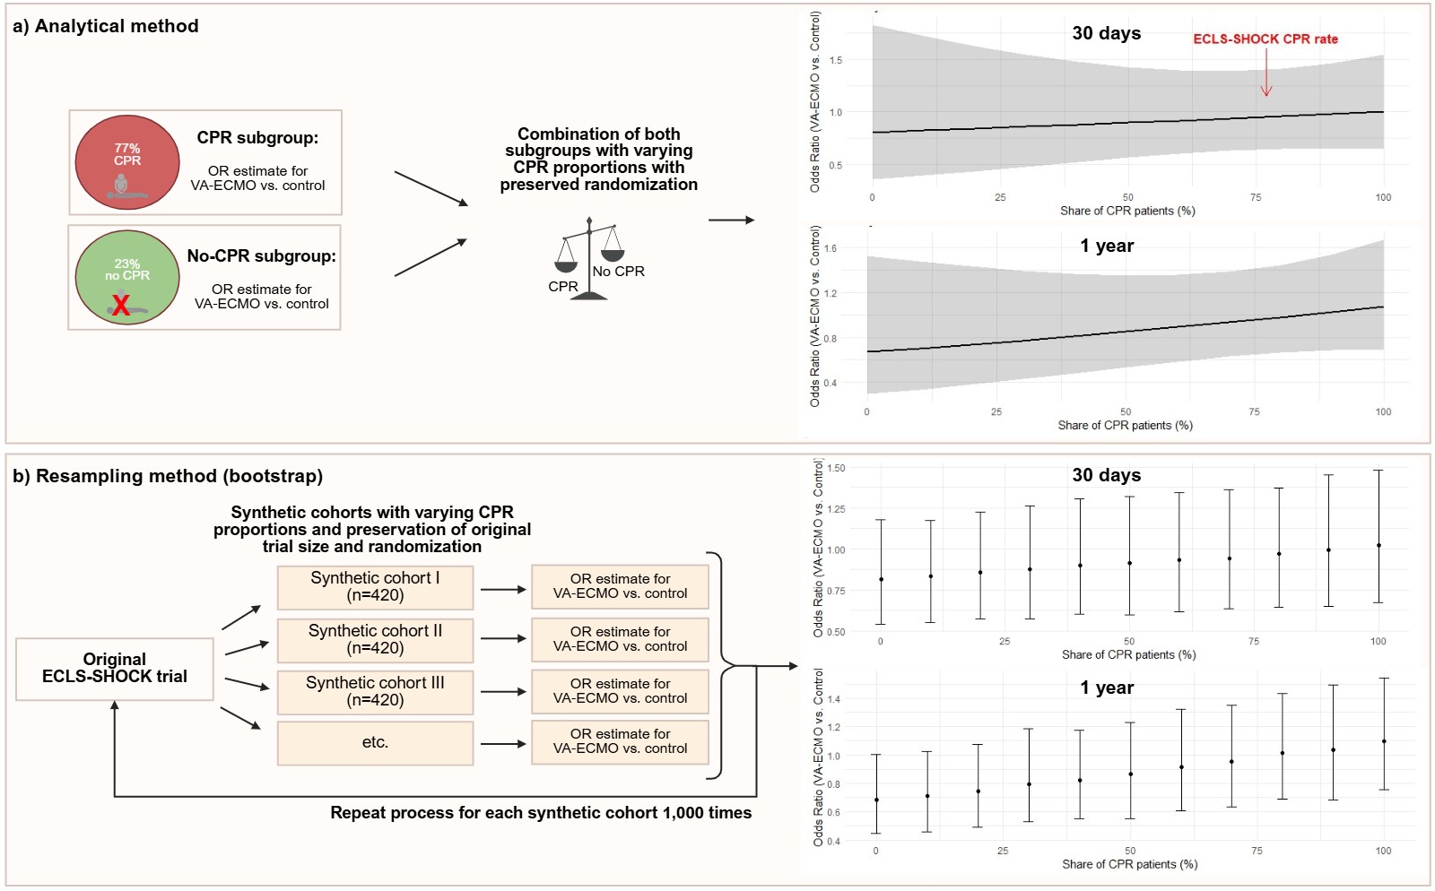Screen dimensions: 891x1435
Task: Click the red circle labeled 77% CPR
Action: [127, 162]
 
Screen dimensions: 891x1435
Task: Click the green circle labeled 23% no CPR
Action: [127, 277]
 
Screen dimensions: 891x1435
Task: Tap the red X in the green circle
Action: [121, 306]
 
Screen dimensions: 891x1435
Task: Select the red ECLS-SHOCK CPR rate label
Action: [1265, 39]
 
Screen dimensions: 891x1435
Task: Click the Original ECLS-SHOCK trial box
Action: [115, 669]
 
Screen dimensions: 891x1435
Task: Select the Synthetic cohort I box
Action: [375, 587]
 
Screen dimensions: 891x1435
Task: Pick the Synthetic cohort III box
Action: [375, 692]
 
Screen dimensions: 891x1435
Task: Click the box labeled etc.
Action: [375, 743]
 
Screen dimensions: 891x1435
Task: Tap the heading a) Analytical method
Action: [106, 26]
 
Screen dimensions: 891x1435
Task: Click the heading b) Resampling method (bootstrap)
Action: [168, 476]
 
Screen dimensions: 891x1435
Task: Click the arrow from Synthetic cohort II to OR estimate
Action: [503, 639]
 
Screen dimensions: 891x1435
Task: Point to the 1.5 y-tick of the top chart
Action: [836, 60]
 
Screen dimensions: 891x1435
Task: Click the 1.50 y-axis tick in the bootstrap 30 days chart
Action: [836, 468]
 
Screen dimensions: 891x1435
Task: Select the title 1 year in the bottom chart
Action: [1107, 688]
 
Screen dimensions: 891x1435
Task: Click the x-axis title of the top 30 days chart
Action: [1127, 211]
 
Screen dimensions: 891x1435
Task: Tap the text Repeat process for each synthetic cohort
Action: [541, 813]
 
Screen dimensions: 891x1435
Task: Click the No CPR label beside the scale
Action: [619, 272]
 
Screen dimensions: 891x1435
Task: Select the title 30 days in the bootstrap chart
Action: [1107, 475]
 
